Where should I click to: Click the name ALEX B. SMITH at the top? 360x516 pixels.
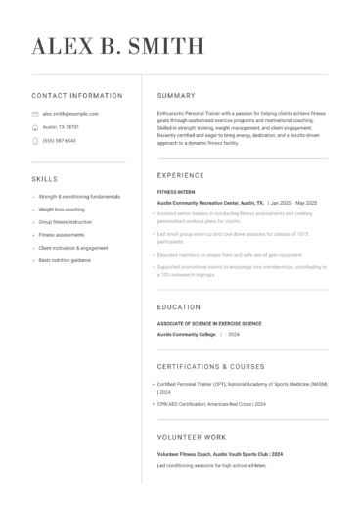[x=118, y=46]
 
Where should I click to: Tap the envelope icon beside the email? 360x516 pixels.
[x=35, y=114]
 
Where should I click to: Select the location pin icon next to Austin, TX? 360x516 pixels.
[x=35, y=127]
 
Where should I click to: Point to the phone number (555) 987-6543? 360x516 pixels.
[x=60, y=140]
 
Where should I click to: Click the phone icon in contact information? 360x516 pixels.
[x=35, y=140]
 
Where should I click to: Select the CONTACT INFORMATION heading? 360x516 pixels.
[x=77, y=96]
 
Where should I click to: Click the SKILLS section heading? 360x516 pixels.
[x=45, y=180]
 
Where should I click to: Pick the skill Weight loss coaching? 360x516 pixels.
[x=62, y=210]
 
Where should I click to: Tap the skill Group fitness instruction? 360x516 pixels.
[x=66, y=222]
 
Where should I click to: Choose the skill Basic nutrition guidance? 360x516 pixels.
[x=65, y=260]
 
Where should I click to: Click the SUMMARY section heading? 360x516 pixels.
[x=176, y=96]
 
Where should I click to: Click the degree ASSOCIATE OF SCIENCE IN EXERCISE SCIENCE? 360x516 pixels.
[x=209, y=323]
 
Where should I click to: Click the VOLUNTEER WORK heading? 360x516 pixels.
[x=191, y=437]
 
